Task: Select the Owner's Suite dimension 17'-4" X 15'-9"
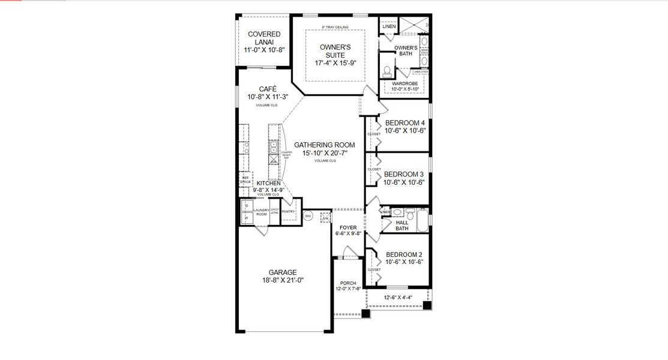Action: pyautogui.click(x=336, y=63)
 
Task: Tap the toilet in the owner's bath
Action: pyautogui.click(x=387, y=71)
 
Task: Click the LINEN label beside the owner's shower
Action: pyautogui.click(x=389, y=26)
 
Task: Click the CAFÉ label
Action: pyautogui.click(x=268, y=88)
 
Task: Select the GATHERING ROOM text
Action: pyautogui.click(x=324, y=145)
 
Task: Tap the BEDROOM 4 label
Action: pyautogui.click(x=405, y=123)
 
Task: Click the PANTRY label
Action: pyautogui.click(x=288, y=211)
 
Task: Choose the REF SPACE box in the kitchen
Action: pyautogui.click(x=245, y=179)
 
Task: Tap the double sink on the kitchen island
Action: pyautogui.click(x=274, y=149)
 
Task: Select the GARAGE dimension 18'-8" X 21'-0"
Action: pyautogui.click(x=283, y=280)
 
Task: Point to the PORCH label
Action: pyautogui.click(x=348, y=283)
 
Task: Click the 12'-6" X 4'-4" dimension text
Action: pyautogui.click(x=397, y=296)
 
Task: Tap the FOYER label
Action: pyautogui.click(x=348, y=227)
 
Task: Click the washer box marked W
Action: pyautogui.click(x=246, y=218)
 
